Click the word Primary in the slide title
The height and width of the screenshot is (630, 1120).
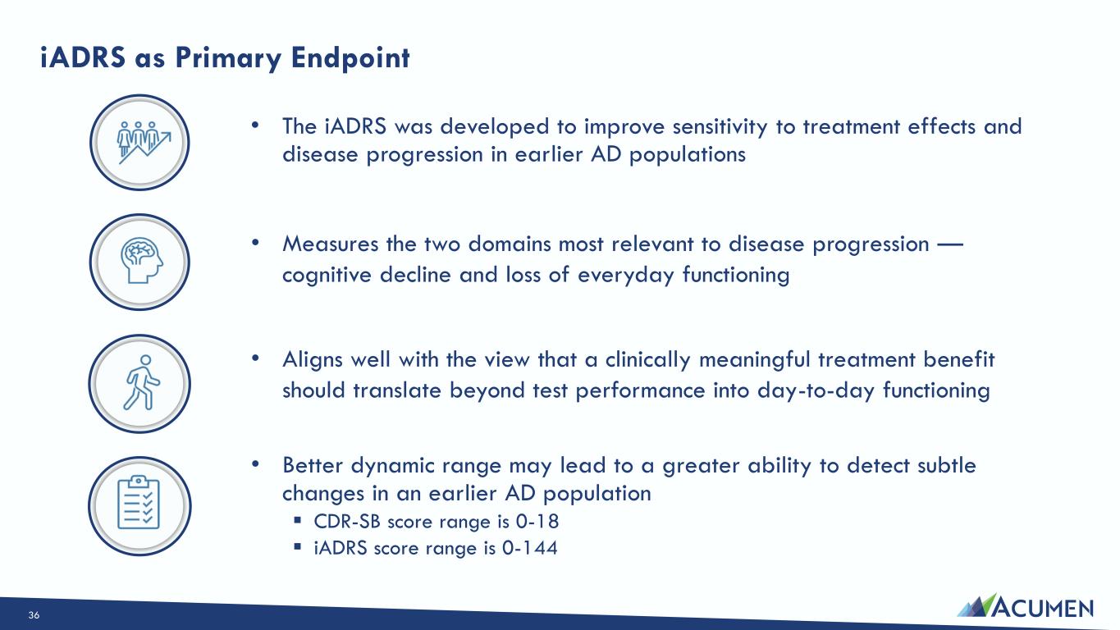coord(228,58)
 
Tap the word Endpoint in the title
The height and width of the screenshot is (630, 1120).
coord(350,57)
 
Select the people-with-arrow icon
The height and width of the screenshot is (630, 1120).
coord(144,142)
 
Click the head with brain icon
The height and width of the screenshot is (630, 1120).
coord(141,260)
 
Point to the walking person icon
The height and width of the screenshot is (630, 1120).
coord(142,382)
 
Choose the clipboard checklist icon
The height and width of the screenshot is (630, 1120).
coord(139,502)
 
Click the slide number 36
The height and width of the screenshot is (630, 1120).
coord(34,615)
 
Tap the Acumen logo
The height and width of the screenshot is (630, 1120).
coord(1025,605)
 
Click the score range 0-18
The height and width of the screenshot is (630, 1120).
coord(537,522)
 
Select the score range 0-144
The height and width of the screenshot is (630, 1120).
coord(530,548)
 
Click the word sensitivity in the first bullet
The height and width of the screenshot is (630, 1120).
coord(720,127)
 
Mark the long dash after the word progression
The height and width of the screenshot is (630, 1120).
coord(950,244)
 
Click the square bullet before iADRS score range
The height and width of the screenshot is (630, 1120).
coord(298,546)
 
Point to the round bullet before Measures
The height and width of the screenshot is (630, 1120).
coord(255,243)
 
